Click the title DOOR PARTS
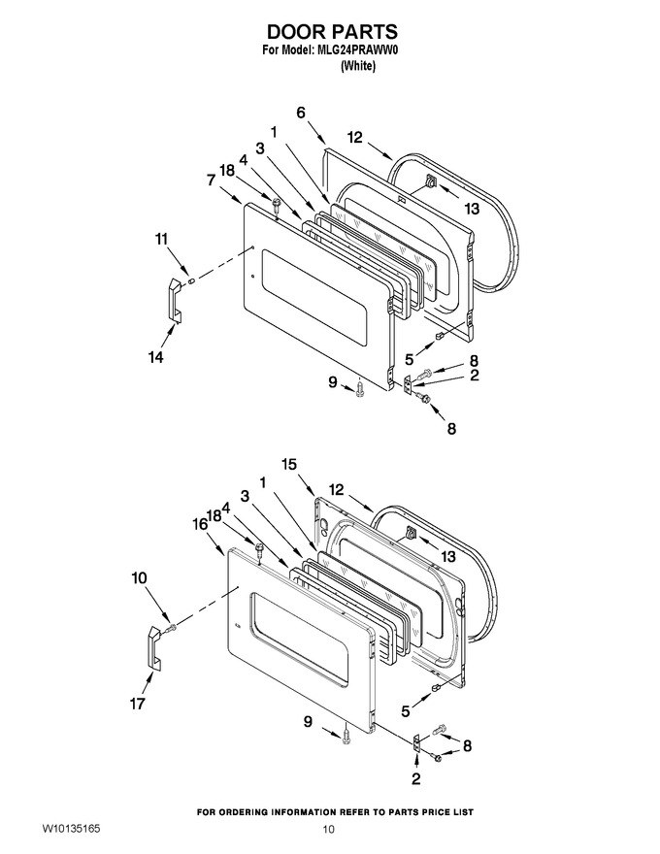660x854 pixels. pyautogui.click(x=332, y=31)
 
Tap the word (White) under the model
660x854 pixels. pyautogui.click(x=358, y=66)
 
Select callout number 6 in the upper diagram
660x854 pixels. pyautogui.click(x=301, y=113)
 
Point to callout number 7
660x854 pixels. pyautogui.click(x=212, y=180)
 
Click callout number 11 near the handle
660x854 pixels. pyautogui.click(x=162, y=239)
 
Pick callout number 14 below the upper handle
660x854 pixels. pyautogui.click(x=155, y=357)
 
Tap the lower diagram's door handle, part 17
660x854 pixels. pyautogui.click(x=153, y=647)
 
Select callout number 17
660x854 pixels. pyautogui.click(x=137, y=704)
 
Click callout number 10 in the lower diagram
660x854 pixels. pyautogui.click(x=140, y=577)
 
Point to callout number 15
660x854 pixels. pyautogui.click(x=289, y=464)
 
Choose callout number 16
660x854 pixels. pyautogui.click(x=200, y=524)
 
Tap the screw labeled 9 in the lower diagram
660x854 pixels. pyautogui.click(x=346, y=736)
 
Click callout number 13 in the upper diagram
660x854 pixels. pyautogui.click(x=472, y=208)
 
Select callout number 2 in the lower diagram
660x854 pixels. pyautogui.click(x=416, y=779)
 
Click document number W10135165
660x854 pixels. pyautogui.click(x=71, y=829)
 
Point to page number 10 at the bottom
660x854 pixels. pyautogui.click(x=328, y=830)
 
